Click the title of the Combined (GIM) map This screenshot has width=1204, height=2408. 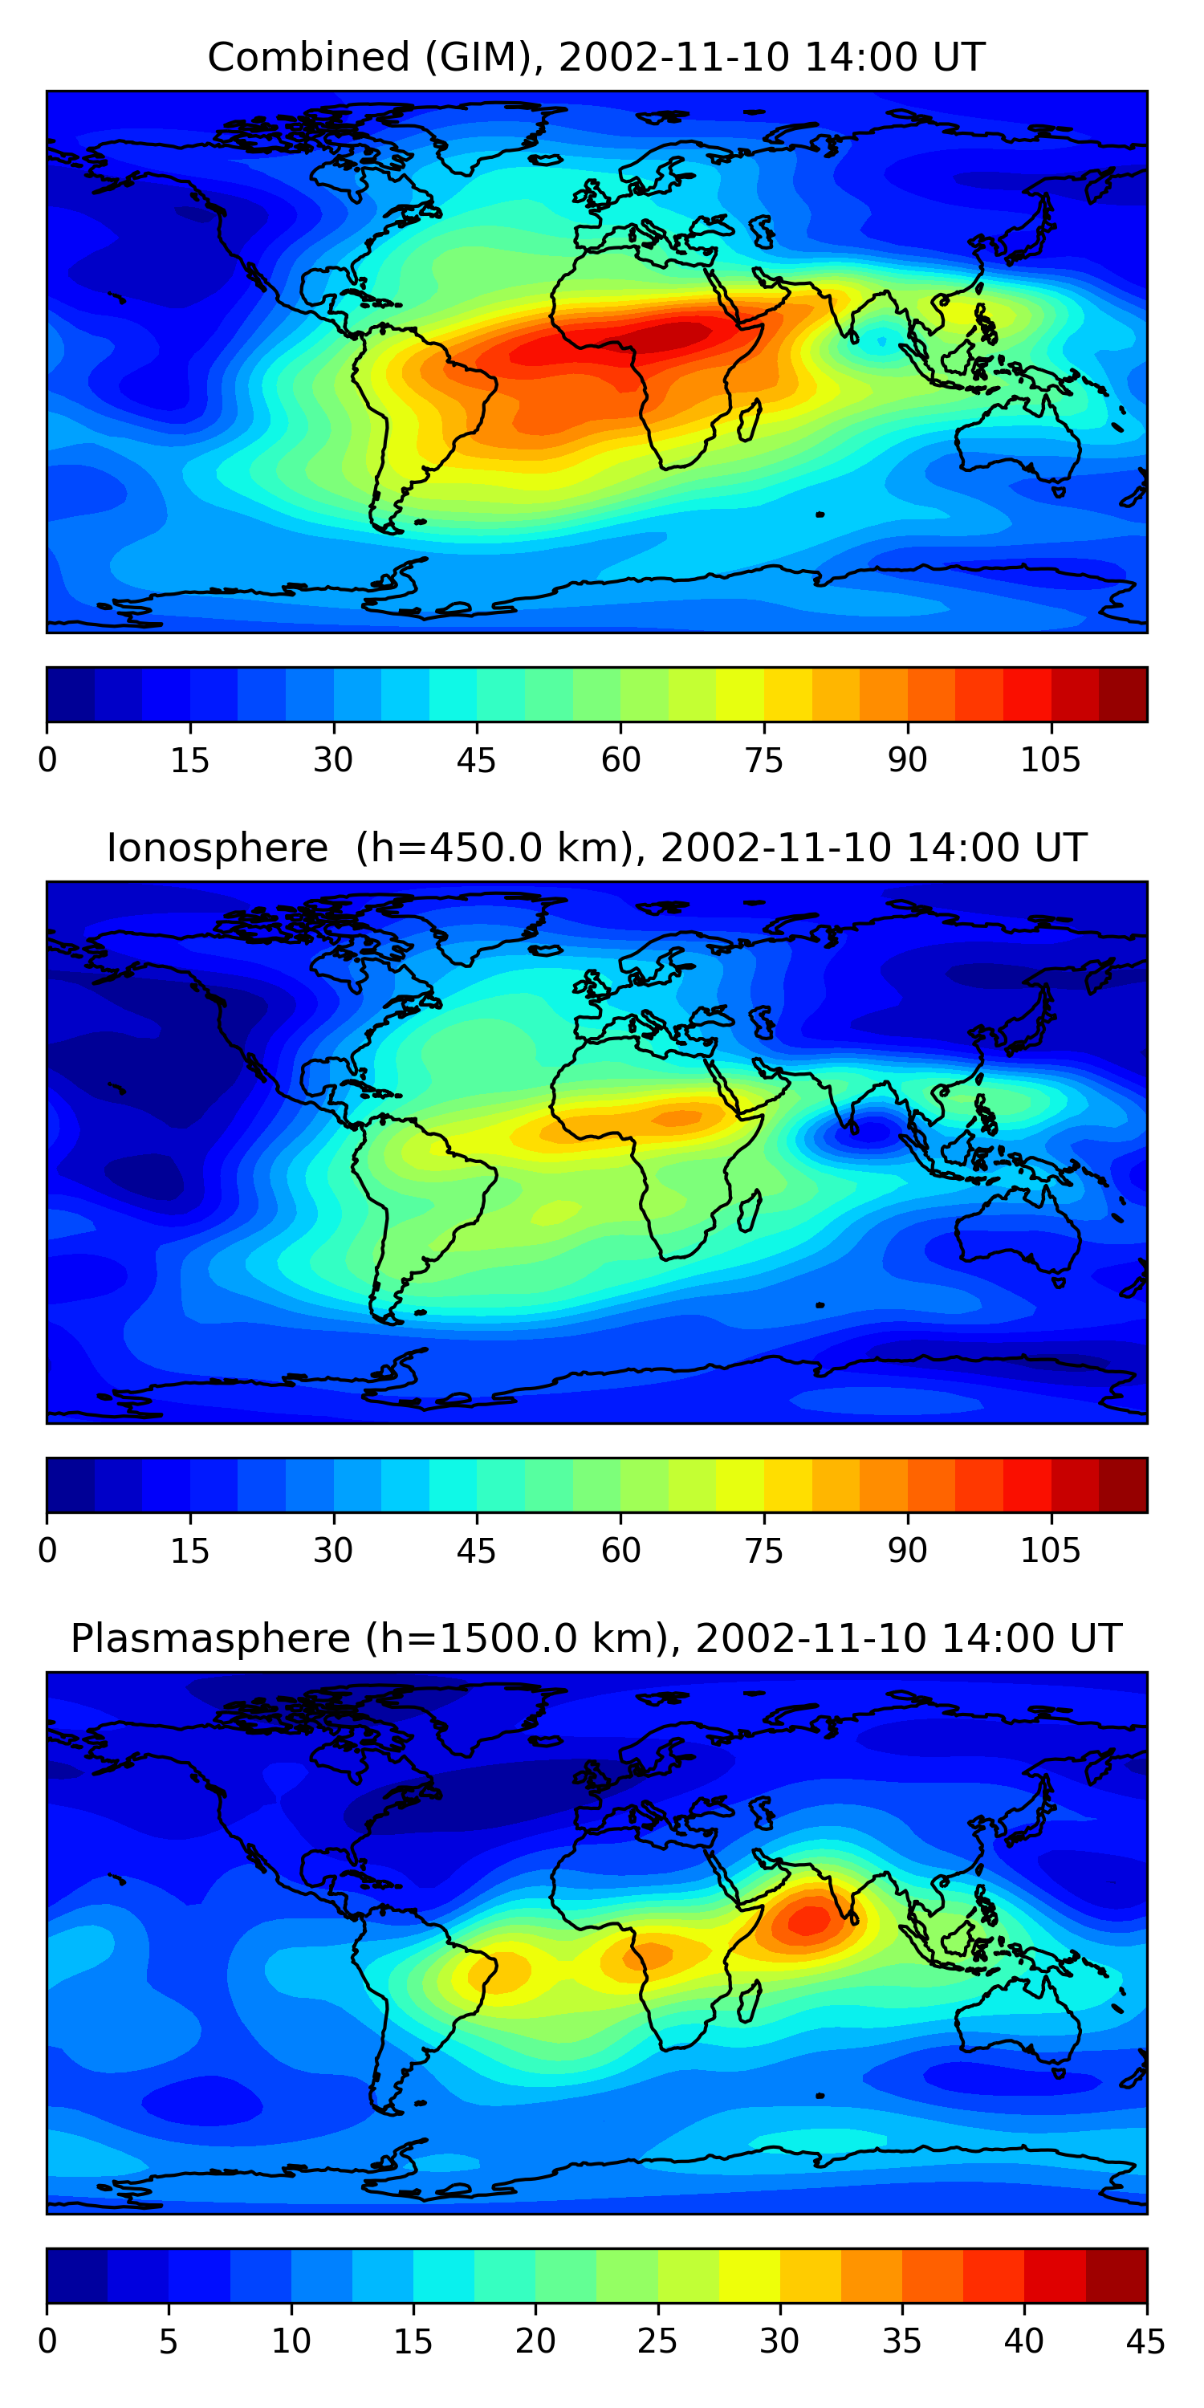tap(596, 58)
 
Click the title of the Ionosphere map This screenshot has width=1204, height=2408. tap(596, 848)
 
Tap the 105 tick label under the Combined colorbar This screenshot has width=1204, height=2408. tap(1050, 760)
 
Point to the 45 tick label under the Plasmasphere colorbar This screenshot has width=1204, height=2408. tap(1145, 2341)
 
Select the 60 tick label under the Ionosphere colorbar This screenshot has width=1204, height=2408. tap(620, 1550)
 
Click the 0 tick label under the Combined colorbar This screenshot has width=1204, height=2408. tap(47, 760)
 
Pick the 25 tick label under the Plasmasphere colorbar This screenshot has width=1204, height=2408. tap(657, 2341)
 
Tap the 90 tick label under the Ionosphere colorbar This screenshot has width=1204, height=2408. tap(907, 1550)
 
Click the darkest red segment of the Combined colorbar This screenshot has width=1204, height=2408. tap(1123, 694)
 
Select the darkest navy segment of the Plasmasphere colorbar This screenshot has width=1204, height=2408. tap(76, 2276)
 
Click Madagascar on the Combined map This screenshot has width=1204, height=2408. tap(750, 421)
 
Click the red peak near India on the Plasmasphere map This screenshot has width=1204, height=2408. tap(810, 1919)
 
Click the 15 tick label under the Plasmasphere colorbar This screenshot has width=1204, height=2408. tap(413, 2341)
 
